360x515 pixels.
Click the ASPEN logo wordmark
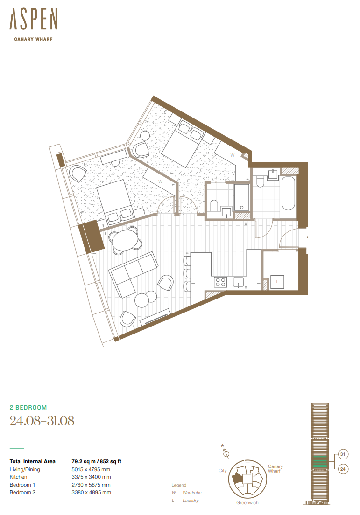tap(34, 19)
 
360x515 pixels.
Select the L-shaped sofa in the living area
tap(133, 274)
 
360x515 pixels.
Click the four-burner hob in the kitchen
tap(220, 282)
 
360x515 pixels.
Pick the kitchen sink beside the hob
tap(238, 282)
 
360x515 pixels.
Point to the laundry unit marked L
tap(277, 282)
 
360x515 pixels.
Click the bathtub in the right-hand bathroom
tap(289, 194)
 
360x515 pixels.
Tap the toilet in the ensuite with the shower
tap(214, 205)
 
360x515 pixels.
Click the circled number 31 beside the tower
tap(343, 454)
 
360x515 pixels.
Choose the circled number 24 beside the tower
tap(343, 469)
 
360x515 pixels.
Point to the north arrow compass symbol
tap(225, 452)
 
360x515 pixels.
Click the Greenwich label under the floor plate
tap(247, 502)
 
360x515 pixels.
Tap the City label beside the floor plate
tap(223, 470)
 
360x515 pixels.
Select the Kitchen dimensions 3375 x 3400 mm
tap(91, 477)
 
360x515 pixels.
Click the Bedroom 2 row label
tap(22, 492)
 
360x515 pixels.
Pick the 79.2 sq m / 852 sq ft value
tap(96, 461)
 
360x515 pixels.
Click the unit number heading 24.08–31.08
tap(42, 420)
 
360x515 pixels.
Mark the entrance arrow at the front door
tap(307, 237)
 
